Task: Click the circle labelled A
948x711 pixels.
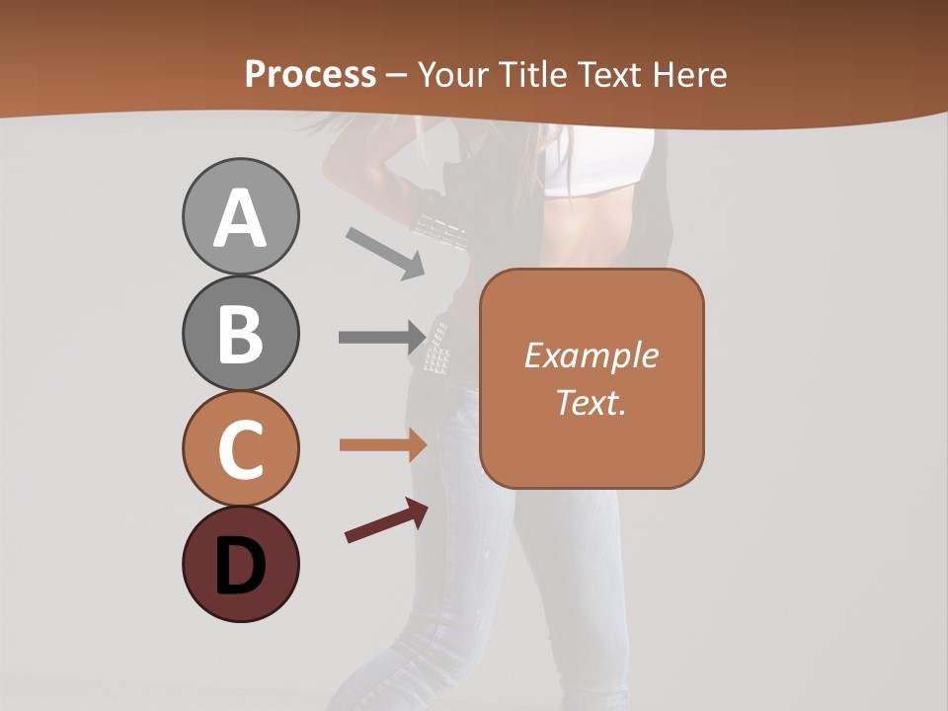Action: tap(240, 217)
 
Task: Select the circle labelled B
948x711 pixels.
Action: tap(240, 334)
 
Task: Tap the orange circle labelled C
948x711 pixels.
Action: tap(240, 449)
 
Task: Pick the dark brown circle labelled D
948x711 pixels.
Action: tap(240, 565)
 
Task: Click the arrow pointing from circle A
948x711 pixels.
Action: tap(385, 252)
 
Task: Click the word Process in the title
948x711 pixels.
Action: tap(310, 75)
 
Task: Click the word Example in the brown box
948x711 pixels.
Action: tap(591, 355)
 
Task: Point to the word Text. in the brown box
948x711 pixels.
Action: tap(591, 402)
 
